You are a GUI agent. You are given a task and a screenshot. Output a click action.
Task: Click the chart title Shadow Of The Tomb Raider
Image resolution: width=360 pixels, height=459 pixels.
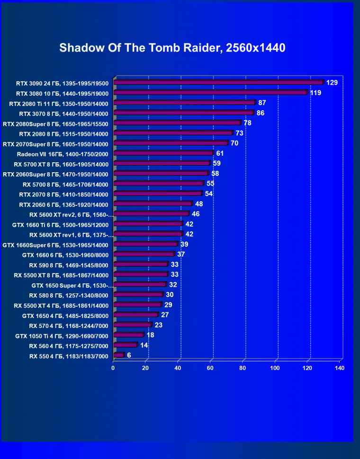pos(172,48)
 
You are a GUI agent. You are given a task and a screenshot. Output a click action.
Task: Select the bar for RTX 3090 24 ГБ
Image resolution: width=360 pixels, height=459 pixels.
pos(218,83)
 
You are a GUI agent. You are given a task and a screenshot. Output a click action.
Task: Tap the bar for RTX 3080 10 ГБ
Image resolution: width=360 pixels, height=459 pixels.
pos(210,93)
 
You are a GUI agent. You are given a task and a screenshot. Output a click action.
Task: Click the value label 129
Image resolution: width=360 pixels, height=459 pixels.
pos(332,83)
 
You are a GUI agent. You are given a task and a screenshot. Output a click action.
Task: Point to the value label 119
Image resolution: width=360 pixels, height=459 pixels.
pos(315,93)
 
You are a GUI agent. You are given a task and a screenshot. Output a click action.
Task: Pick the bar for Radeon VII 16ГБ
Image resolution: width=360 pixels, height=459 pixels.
pos(163,153)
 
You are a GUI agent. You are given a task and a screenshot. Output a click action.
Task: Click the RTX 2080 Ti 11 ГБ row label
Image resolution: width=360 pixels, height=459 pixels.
pos(59,104)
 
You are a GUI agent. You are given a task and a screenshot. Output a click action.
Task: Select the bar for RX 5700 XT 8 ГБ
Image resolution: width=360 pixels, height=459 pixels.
pos(162,164)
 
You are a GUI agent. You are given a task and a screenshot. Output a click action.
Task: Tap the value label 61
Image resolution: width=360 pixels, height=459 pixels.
pos(220,153)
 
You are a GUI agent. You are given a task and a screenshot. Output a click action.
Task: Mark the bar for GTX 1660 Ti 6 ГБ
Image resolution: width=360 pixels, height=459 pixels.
pos(148,224)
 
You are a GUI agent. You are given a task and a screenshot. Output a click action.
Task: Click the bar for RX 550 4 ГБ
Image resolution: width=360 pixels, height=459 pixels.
pos(118,355)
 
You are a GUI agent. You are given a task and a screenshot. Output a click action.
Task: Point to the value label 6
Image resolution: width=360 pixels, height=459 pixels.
pos(129,355)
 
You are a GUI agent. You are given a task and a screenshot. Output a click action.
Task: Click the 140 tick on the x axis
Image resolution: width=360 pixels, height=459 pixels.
pos(339,368)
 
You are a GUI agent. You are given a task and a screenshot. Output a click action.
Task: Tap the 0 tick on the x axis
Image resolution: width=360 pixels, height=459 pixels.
pos(113,368)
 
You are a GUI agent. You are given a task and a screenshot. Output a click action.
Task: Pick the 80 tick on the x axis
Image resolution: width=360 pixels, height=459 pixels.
pos(243,368)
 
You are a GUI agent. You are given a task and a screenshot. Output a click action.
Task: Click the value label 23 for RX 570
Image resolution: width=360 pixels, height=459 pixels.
pos(158,325)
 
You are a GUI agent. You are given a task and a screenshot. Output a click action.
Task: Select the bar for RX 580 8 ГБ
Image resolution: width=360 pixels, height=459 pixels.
pos(138,295)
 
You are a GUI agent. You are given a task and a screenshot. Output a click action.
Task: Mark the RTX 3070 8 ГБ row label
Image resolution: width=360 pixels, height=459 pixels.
pos(63,114)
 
